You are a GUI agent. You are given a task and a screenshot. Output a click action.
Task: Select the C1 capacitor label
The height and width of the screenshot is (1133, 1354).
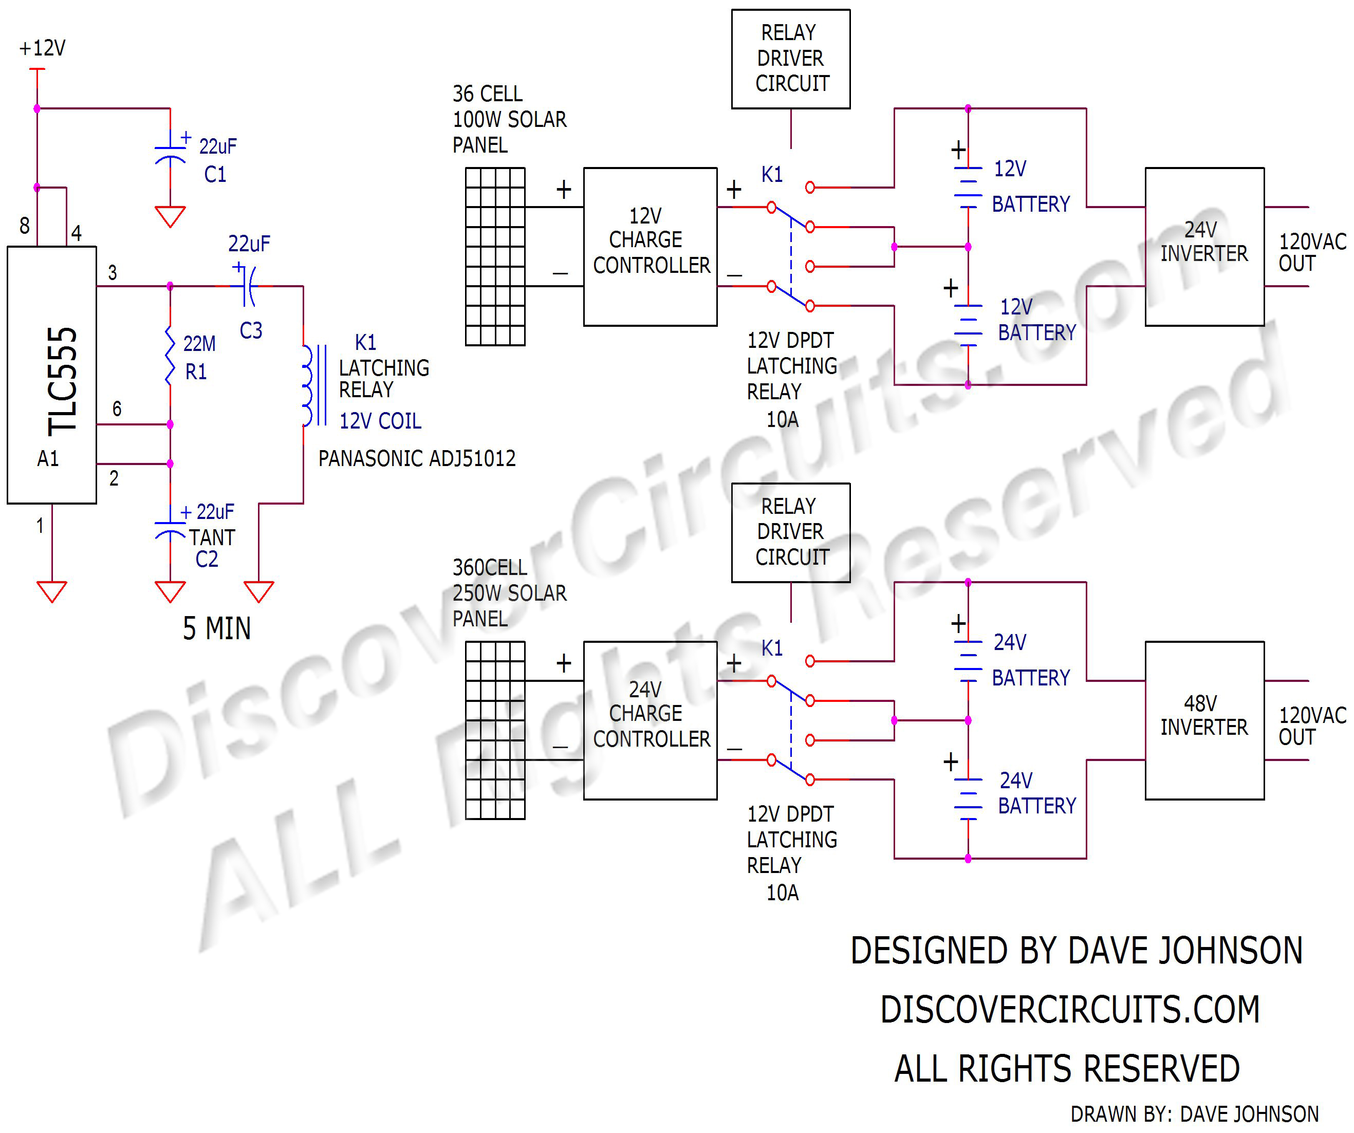point(215,174)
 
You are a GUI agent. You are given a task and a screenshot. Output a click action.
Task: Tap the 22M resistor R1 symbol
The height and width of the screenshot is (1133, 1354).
point(170,356)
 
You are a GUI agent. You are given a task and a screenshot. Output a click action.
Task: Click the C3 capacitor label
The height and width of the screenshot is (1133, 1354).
point(251,331)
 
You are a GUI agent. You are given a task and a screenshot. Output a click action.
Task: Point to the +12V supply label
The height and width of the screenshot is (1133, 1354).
point(43,48)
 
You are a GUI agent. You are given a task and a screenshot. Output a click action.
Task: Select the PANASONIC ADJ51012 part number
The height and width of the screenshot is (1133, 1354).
point(417,458)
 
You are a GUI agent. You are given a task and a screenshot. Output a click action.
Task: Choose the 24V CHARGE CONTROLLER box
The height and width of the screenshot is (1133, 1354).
point(650,720)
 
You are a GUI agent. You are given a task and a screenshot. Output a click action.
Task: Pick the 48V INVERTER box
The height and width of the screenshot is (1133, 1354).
point(1204,720)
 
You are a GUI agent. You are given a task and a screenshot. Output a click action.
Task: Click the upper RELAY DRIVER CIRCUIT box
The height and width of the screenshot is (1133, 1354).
point(790,59)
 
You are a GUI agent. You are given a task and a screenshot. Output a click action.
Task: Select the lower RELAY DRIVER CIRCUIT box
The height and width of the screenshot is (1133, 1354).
point(790,532)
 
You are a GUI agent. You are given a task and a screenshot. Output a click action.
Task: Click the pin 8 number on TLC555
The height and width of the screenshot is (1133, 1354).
point(25,226)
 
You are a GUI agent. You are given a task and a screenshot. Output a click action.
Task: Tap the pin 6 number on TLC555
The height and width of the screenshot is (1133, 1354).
point(117,409)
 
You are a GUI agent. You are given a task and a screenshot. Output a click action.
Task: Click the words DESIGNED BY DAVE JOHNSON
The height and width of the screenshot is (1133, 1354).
point(1076,951)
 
